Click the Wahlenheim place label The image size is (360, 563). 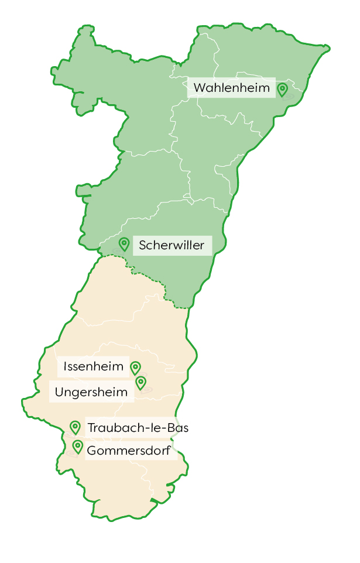[232, 88]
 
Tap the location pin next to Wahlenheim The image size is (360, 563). [282, 89]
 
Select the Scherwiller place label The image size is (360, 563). [172, 245]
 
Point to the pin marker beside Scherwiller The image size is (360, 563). [124, 243]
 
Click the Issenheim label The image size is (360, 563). [94, 367]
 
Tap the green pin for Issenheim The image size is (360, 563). [135, 367]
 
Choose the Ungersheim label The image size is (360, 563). [91, 392]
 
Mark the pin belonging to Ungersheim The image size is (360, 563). [140, 383]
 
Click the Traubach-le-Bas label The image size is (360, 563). [138, 428]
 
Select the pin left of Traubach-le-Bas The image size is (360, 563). [75, 427]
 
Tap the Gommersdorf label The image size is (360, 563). [128, 451]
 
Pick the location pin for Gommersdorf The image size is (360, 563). [77, 447]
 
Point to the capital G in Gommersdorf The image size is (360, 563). [92, 451]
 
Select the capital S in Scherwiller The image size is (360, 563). [142, 245]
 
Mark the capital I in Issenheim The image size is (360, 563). [65, 367]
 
